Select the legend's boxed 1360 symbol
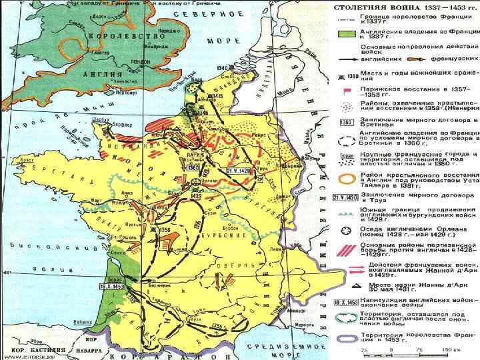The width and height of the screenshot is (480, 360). [x=345, y=122]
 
